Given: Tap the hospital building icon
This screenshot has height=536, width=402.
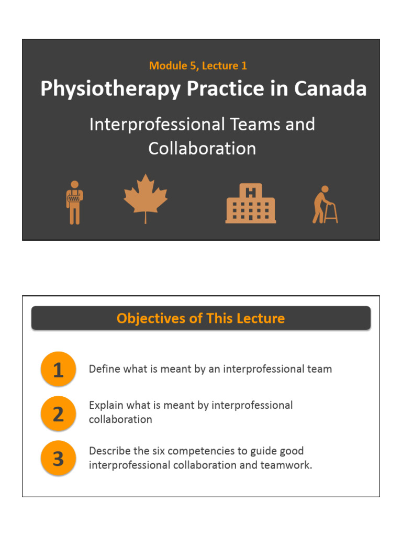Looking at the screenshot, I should (x=251, y=204).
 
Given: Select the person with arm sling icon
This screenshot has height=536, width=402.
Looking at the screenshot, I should (x=74, y=203).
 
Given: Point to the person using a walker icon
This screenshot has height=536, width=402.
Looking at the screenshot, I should (x=325, y=205).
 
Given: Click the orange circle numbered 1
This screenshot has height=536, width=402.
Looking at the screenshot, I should (x=58, y=370).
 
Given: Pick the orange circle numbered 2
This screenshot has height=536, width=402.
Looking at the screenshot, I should (x=58, y=414).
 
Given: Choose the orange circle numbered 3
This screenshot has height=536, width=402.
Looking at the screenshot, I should (x=58, y=459).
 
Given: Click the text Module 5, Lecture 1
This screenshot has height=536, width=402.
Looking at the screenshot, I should (x=198, y=65).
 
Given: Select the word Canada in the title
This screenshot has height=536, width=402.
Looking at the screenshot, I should (x=331, y=88).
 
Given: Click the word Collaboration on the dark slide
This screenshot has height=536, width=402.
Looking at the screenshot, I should (x=202, y=149).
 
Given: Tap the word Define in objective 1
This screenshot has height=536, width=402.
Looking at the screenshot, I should (x=103, y=369).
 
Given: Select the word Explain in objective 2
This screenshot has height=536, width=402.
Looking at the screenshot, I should (x=105, y=405).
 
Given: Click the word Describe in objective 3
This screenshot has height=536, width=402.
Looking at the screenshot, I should (x=108, y=451).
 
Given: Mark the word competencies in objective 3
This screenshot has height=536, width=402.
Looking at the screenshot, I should (x=224, y=451).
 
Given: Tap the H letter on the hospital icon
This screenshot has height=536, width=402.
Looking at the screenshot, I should (x=251, y=192).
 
